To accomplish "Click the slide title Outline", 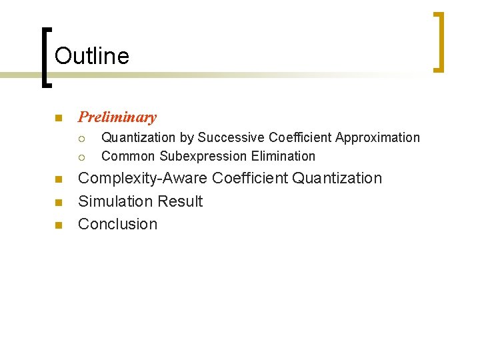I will (92, 56).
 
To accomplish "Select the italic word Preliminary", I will (117, 117).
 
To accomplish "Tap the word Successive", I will (231, 138).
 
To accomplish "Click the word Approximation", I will (377, 138).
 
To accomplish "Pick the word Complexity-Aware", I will (143, 179).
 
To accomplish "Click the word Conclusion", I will (117, 224).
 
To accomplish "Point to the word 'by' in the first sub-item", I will (186, 139).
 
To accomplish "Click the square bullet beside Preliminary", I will (58, 119).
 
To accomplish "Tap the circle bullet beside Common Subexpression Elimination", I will (81, 157).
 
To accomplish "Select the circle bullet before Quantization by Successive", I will (81, 139).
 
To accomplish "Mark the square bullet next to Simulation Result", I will (58, 202).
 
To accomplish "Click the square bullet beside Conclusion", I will (58, 225).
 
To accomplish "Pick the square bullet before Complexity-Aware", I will (58, 179).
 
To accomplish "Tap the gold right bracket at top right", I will (439, 41).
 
